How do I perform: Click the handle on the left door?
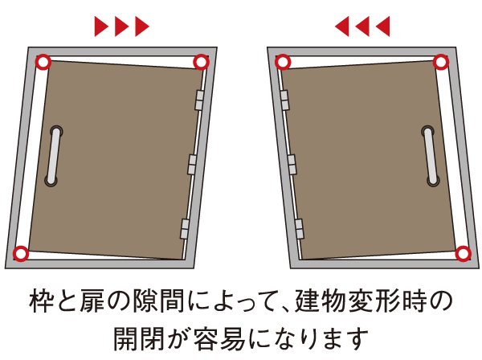(x=53, y=157)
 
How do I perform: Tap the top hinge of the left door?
(x=198, y=100)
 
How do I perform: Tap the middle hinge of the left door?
(x=192, y=164)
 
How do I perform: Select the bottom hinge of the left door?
(x=185, y=228)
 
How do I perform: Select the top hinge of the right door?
(x=284, y=100)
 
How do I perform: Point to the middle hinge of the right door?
(x=291, y=164)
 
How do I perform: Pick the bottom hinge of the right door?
(x=299, y=228)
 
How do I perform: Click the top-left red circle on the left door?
(x=43, y=61)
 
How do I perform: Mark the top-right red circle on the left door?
(x=202, y=61)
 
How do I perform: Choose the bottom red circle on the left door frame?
(x=22, y=254)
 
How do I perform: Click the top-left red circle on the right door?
(x=282, y=61)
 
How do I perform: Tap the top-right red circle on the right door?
(x=440, y=61)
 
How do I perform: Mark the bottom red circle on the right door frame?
(x=462, y=254)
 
